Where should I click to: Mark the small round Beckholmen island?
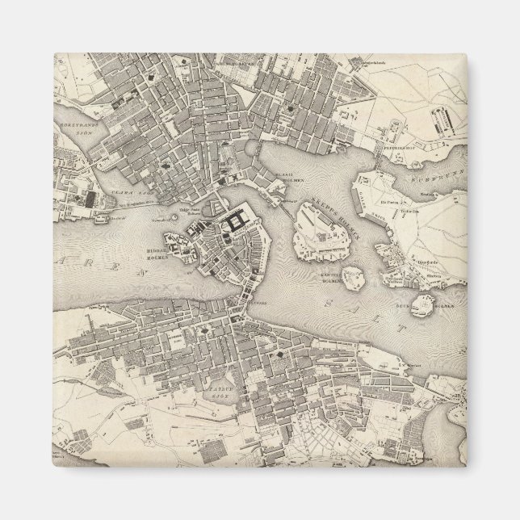pyautogui.click(x=422, y=304)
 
